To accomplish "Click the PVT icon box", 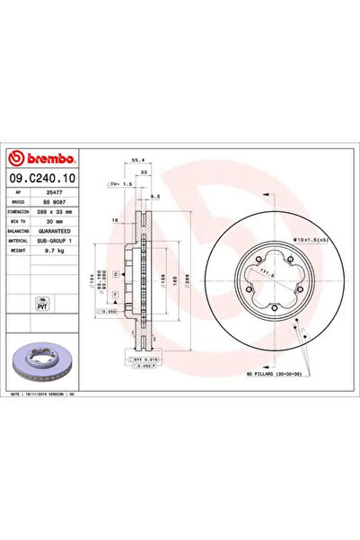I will (x=41, y=304).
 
